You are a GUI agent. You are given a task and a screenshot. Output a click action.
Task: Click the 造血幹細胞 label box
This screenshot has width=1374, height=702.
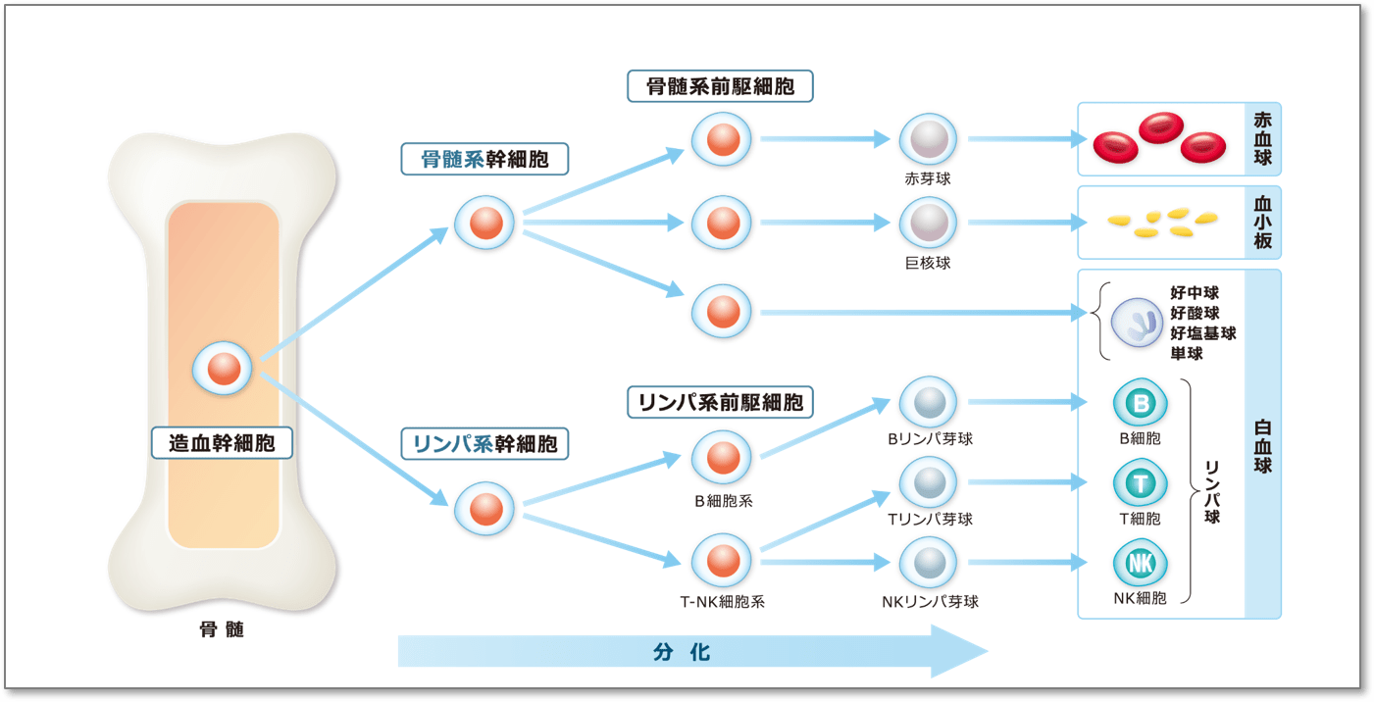coord(222,443)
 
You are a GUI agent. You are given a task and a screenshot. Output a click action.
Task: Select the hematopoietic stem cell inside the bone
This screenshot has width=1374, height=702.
coord(223,369)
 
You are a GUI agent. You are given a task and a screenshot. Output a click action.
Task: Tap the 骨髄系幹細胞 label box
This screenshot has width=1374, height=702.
coord(484,159)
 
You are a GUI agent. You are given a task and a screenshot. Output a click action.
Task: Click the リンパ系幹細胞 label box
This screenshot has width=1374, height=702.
coord(484,444)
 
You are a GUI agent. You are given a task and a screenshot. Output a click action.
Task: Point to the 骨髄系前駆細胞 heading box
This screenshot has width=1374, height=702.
coord(721,86)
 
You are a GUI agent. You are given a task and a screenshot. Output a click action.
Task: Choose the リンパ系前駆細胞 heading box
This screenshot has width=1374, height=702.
coord(721,401)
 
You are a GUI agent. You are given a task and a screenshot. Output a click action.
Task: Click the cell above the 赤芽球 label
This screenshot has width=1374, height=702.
coord(928,139)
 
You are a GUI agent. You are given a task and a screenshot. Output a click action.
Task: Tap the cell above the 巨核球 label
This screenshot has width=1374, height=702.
coord(928,223)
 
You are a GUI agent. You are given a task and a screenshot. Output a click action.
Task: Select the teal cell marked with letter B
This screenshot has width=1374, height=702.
coord(1140,403)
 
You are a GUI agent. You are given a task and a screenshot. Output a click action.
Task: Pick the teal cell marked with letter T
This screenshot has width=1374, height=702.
coord(1140,483)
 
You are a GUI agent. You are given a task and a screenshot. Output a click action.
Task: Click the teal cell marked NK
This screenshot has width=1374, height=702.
coord(1140,564)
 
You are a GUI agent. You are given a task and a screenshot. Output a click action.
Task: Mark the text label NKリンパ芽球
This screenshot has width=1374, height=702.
coord(930,601)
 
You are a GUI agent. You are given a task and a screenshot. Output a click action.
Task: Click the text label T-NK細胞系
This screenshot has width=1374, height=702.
coord(722,602)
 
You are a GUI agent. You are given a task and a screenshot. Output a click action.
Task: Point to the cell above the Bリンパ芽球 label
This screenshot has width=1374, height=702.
coord(928,402)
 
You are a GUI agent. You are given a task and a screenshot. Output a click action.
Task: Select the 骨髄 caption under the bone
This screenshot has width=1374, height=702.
coord(222,629)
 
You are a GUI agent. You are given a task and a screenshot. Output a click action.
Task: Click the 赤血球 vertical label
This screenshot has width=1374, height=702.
coord(1262,138)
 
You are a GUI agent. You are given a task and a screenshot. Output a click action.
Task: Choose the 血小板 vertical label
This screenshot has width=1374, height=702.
coord(1262,222)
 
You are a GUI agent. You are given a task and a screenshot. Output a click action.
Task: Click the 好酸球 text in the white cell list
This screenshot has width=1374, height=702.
coord(1195,313)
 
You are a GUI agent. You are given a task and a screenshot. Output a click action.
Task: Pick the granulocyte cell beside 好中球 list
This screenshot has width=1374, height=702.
coord(1137,323)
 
